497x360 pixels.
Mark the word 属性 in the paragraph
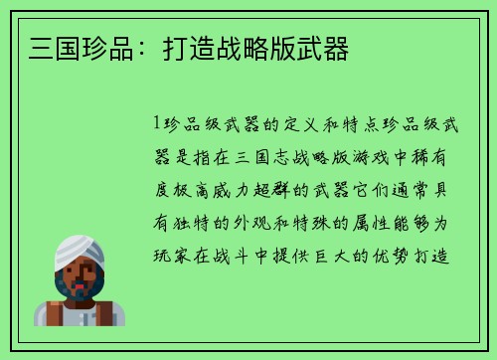click(x=383, y=222)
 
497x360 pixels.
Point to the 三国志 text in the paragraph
click(x=253, y=156)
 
